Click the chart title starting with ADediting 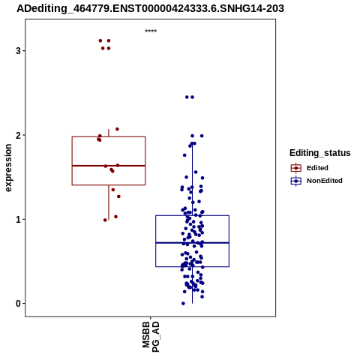point(150,8)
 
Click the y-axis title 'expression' point(8,168)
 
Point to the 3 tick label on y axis point(18,51)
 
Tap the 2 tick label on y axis point(18,135)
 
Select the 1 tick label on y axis point(18,220)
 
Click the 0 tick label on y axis point(18,304)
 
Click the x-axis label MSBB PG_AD point(151,337)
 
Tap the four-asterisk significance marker point(151,31)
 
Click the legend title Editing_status point(320,153)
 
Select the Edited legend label point(317,168)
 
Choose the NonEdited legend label point(325,181)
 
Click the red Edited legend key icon point(296,168)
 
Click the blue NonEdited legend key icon point(296,181)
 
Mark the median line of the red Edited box point(109,166)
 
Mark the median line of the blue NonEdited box point(192,243)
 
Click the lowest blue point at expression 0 point(183,304)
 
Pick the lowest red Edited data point point(105,220)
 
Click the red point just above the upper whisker point(117,129)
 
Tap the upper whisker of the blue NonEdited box point(192,179)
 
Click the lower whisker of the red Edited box point(109,202)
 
